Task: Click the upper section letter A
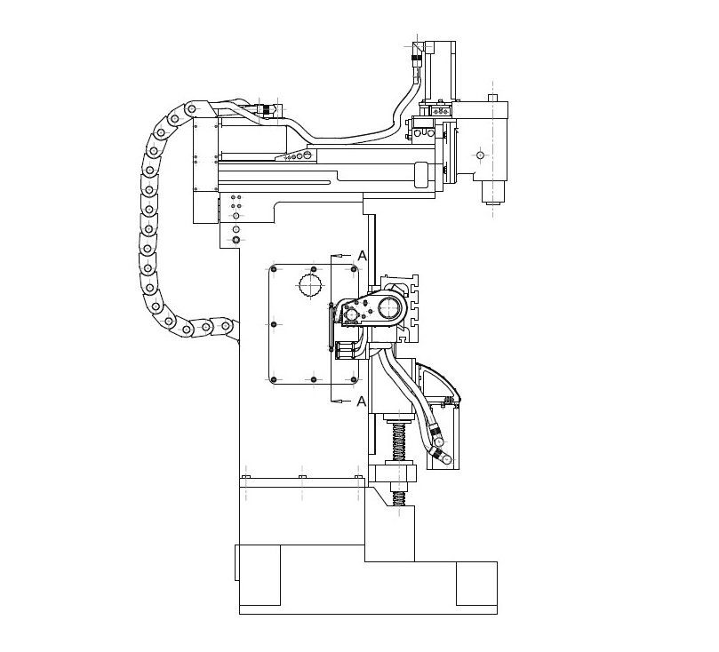[362, 256]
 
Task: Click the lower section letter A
[362, 402]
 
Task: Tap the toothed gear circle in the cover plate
[311, 286]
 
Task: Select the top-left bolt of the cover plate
[274, 269]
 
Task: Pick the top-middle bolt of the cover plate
[314, 269]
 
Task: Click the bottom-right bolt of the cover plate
[353, 380]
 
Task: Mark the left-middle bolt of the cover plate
[274, 324]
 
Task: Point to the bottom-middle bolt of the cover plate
[314, 380]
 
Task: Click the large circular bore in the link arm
[389, 309]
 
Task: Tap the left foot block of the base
[260, 575]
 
